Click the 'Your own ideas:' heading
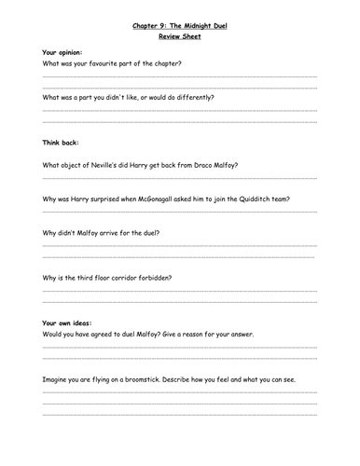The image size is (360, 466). point(66,322)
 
